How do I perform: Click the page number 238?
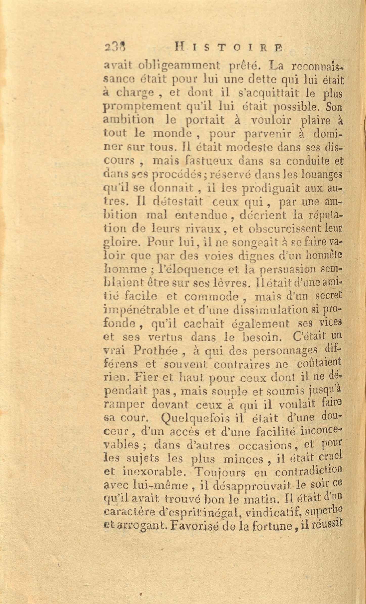[x=116, y=48]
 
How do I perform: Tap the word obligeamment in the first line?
[x=179, y=67]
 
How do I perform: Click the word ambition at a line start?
[x=129, y=120]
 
